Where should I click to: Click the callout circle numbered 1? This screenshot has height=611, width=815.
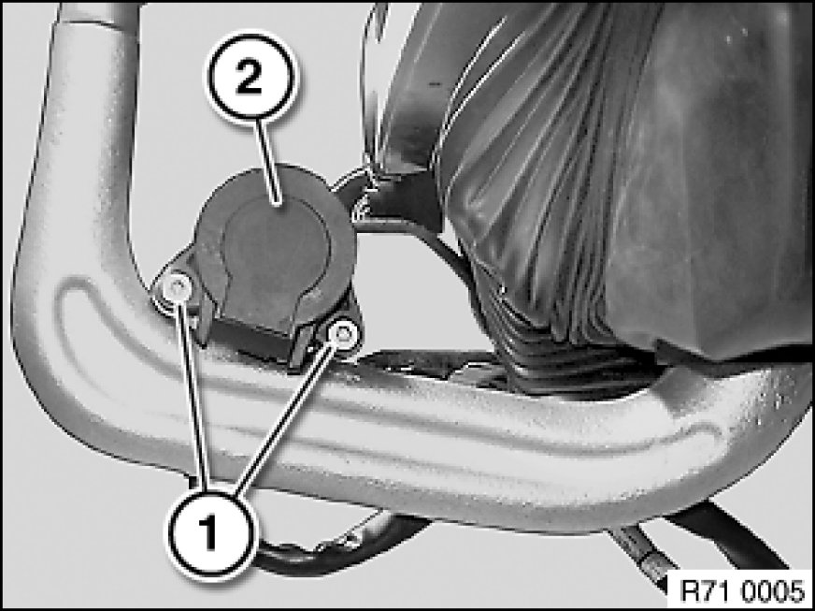(210, 534)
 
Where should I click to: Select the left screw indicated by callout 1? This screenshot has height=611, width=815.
(177, 287)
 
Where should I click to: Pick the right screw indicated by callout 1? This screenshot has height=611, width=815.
(343, 333)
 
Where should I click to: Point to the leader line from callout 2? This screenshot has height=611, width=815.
(270, 163)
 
